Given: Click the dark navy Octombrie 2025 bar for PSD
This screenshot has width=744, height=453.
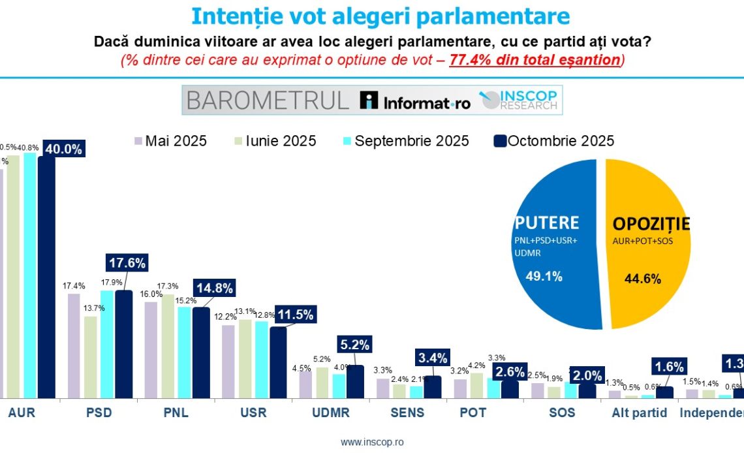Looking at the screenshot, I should [x=124, y=344].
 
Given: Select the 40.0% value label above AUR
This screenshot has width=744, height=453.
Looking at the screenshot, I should [x=64, y=149].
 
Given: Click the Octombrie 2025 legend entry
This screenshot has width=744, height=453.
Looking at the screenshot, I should [x=554, y=141].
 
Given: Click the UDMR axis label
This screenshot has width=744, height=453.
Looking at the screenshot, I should [x=332, y=413].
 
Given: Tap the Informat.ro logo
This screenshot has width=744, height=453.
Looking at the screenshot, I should [x=416, y=101].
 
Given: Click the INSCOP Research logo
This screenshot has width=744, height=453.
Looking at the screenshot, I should [x=519, y=100].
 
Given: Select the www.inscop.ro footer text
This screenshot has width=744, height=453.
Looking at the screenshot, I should [x=372, y=442].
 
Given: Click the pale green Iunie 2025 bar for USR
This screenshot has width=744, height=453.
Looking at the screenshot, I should [x=246, y=358].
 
